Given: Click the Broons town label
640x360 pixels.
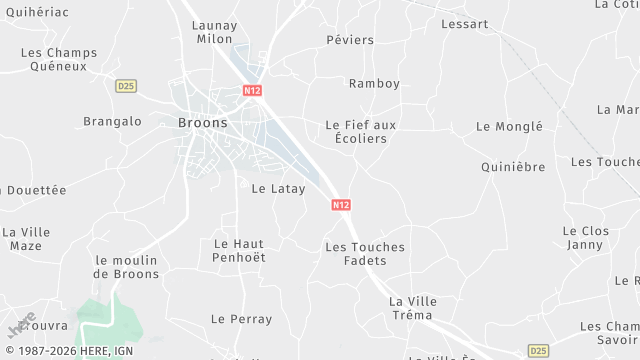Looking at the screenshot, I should click(202, 123).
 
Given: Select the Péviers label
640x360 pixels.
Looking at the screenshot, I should click(350, 40).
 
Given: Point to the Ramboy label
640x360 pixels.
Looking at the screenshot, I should click(374, 83).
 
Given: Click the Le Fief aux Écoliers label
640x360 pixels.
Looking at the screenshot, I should click(361, 132).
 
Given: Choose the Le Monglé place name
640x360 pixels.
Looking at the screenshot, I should click(509, 127).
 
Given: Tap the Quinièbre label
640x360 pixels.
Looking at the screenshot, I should click(512, 167).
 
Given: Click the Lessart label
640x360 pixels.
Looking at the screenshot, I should click(465, 23).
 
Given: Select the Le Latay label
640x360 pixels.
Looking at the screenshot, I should click(278, 188).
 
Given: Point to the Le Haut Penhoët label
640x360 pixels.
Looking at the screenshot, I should click(240, 250).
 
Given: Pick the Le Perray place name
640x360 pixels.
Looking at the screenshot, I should click(241, 319).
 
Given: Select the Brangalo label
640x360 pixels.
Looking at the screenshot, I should click(112, 122).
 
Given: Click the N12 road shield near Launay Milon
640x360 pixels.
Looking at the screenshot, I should click(251, 90).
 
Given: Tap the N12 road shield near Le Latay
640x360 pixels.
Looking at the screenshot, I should click(341, 205).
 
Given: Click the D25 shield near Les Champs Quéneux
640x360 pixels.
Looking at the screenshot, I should click(125, 86).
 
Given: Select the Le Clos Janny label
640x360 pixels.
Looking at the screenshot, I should click(585, 237).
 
